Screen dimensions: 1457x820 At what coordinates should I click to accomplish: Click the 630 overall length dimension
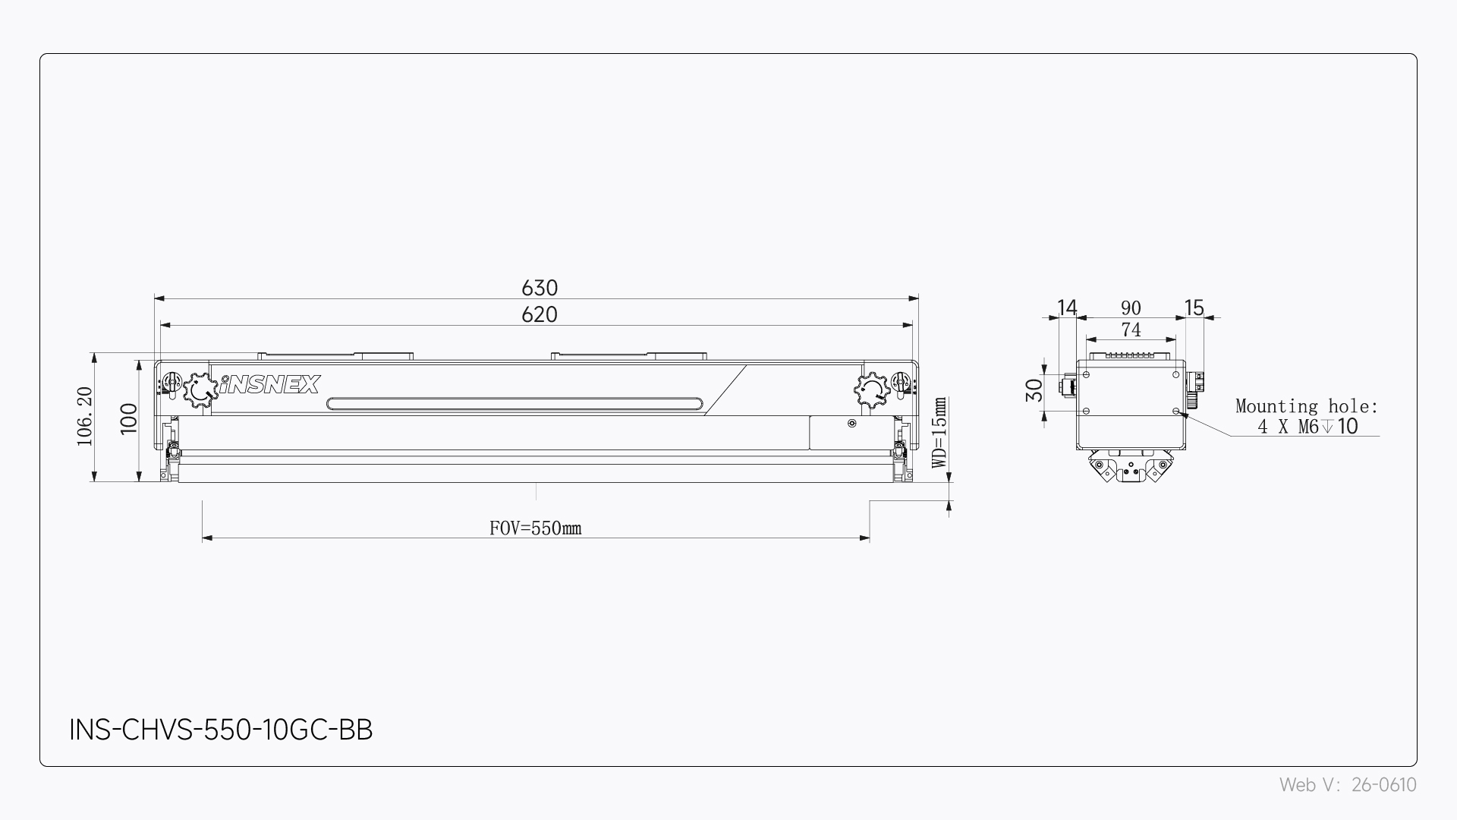click(x=540, y=288)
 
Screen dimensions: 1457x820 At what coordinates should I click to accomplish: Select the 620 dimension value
click(x=540, y=314)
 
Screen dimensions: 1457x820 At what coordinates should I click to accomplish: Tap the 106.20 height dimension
click(x=84, y=417)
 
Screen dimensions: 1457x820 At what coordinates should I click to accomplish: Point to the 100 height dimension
click(x=129, y=418)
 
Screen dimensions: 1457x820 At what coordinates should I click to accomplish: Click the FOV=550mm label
click(x=536, y=528)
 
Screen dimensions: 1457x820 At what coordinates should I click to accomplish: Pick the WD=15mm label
click(x=939, y=433)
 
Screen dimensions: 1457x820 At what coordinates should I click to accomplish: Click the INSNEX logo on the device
click(x=270, y=385)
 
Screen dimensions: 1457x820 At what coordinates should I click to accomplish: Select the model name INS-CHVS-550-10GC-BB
click(x=221, y=730)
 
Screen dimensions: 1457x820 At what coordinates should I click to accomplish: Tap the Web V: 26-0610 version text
click(x=1348, y=785)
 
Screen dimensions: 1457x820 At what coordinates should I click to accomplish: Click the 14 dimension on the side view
click(x=1067, y=307)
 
